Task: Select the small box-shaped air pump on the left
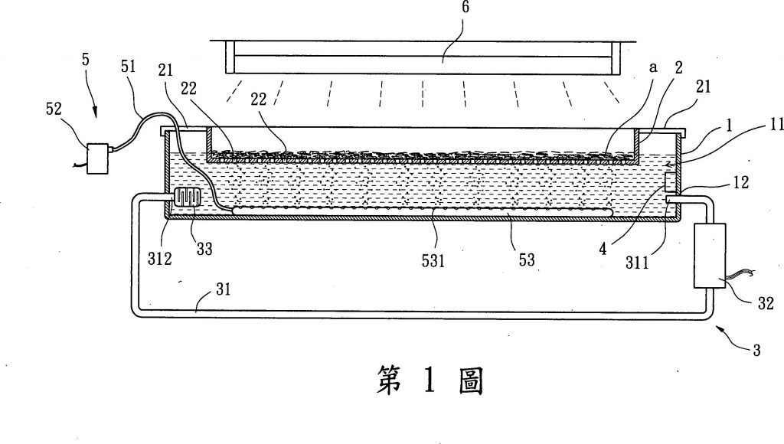pyautogui.click(x=99, y=158)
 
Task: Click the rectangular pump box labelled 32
pyautogui.click(x=710, y=256)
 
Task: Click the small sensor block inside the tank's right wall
pyautogui.click(x=668, y=183)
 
